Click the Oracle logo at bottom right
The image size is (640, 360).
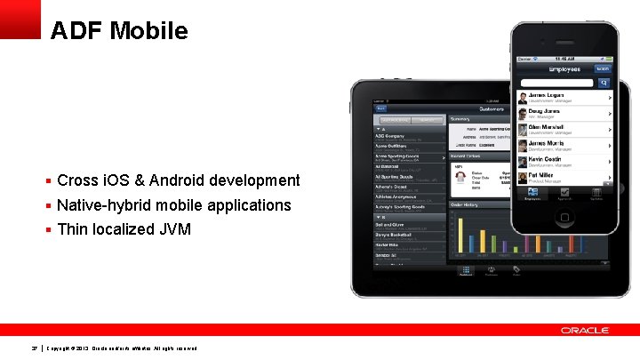click(585, 331)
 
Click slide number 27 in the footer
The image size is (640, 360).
click(34, 348)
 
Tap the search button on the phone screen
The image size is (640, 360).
click(604, 82)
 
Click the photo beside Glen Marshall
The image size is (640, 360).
click(521, 129)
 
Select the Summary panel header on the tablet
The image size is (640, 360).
click(460, 118)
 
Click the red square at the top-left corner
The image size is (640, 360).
click(20, 19)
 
